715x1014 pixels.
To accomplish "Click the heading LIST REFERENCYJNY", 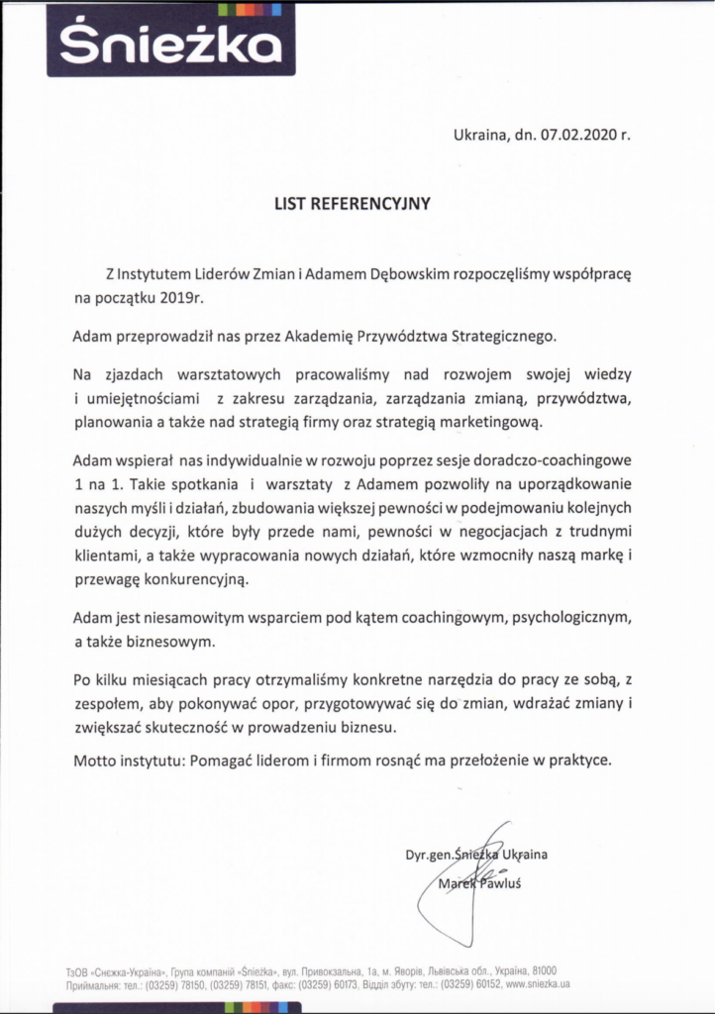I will click(353, 205).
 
